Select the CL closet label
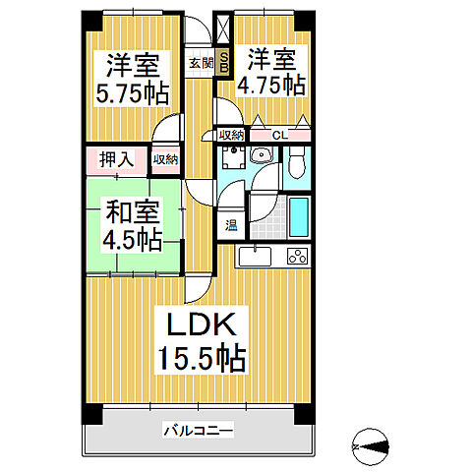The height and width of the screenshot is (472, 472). (279, 136)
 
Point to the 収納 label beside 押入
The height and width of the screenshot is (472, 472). (165, 159)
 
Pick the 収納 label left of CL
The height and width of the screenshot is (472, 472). (232, 136)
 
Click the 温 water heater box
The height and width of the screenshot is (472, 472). (231, 224)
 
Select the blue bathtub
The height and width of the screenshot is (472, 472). (298, 213)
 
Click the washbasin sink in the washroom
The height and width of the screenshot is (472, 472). (261, 156)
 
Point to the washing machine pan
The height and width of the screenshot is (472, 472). (233, 161)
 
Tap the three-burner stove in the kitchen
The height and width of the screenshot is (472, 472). (296, 257)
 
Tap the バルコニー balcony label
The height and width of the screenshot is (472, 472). (198, 430)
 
